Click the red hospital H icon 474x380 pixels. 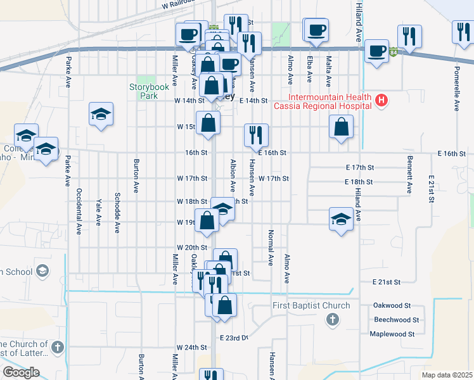click(381, 100)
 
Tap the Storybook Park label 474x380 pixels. click(143, 91)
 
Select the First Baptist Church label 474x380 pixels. click(311, 306)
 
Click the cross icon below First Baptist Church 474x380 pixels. click(333, 320)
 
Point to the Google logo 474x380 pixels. click(21, 372)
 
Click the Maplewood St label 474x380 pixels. click(392, 334)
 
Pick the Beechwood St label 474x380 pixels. click(396, 320)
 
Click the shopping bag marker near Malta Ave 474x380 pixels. click(341, 127)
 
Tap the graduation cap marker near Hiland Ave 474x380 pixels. click(341, 219)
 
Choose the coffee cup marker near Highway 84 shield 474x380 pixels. click(376, 51)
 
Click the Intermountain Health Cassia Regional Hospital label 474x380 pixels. click(322, 101)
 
